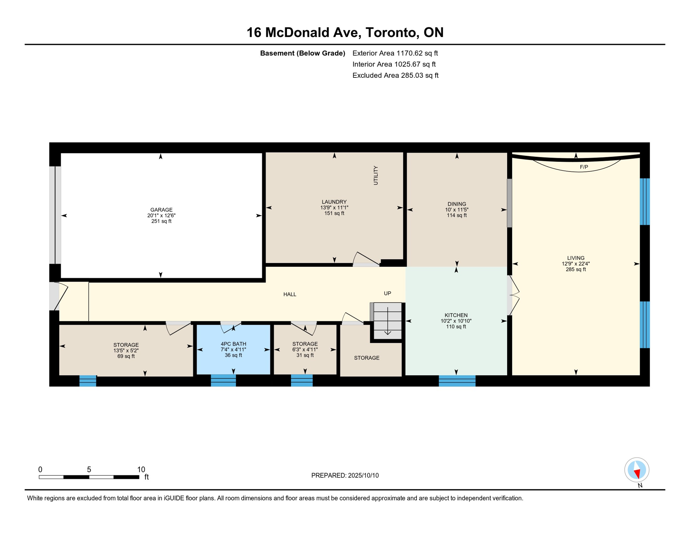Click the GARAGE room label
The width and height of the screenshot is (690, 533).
pyautogui.click(x=161, y=210)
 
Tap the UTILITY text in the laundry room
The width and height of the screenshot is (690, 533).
pyautogui.click(x=376, y=175)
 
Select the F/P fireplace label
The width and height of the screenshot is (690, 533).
pyautogui.click(x=584, y=167)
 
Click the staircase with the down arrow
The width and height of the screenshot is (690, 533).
pyautogui.click(x=387, y=321)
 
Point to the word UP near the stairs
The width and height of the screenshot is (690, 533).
pyautogui.click(x=387, y=294)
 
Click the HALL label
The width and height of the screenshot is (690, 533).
pyautogui.click(x=290, y=295)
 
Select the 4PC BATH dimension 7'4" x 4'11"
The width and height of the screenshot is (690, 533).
pyautogui.click(x=233, y=350)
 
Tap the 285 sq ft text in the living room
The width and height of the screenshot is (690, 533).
pyautogui.click(x=576, y=270)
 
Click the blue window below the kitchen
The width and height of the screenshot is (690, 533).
pyautogui.click(x=457, y=381)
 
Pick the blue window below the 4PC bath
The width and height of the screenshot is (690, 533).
pyautogui.click(x=224, y=381)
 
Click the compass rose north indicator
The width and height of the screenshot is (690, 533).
pyautogui.click(x=637, y=470)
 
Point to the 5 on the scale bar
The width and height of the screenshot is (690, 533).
pyautogui.click(x=89, y=470)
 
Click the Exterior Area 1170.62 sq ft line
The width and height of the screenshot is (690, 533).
pyautogui.click(x=395, y=53)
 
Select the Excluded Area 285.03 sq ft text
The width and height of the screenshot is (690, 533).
pyautogui.click(x=395, y=75)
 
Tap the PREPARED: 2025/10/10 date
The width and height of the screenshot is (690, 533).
pyautogui.click(x=345, y=476)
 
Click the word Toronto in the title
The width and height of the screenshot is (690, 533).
pyautogui.click(x=390, y=32)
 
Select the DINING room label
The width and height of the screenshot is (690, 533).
pyautogui.click(x=457, y=204)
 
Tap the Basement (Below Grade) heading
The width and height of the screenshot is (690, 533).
pyautogui.click(x=303, y=53)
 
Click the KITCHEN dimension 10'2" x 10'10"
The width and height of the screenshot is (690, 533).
pyautogui.click(x=456, y=321)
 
